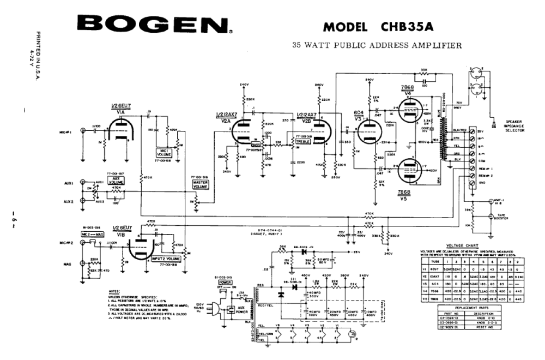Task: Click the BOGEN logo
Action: (x=153, y=25)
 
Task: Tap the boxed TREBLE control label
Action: (x=303, y=141)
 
